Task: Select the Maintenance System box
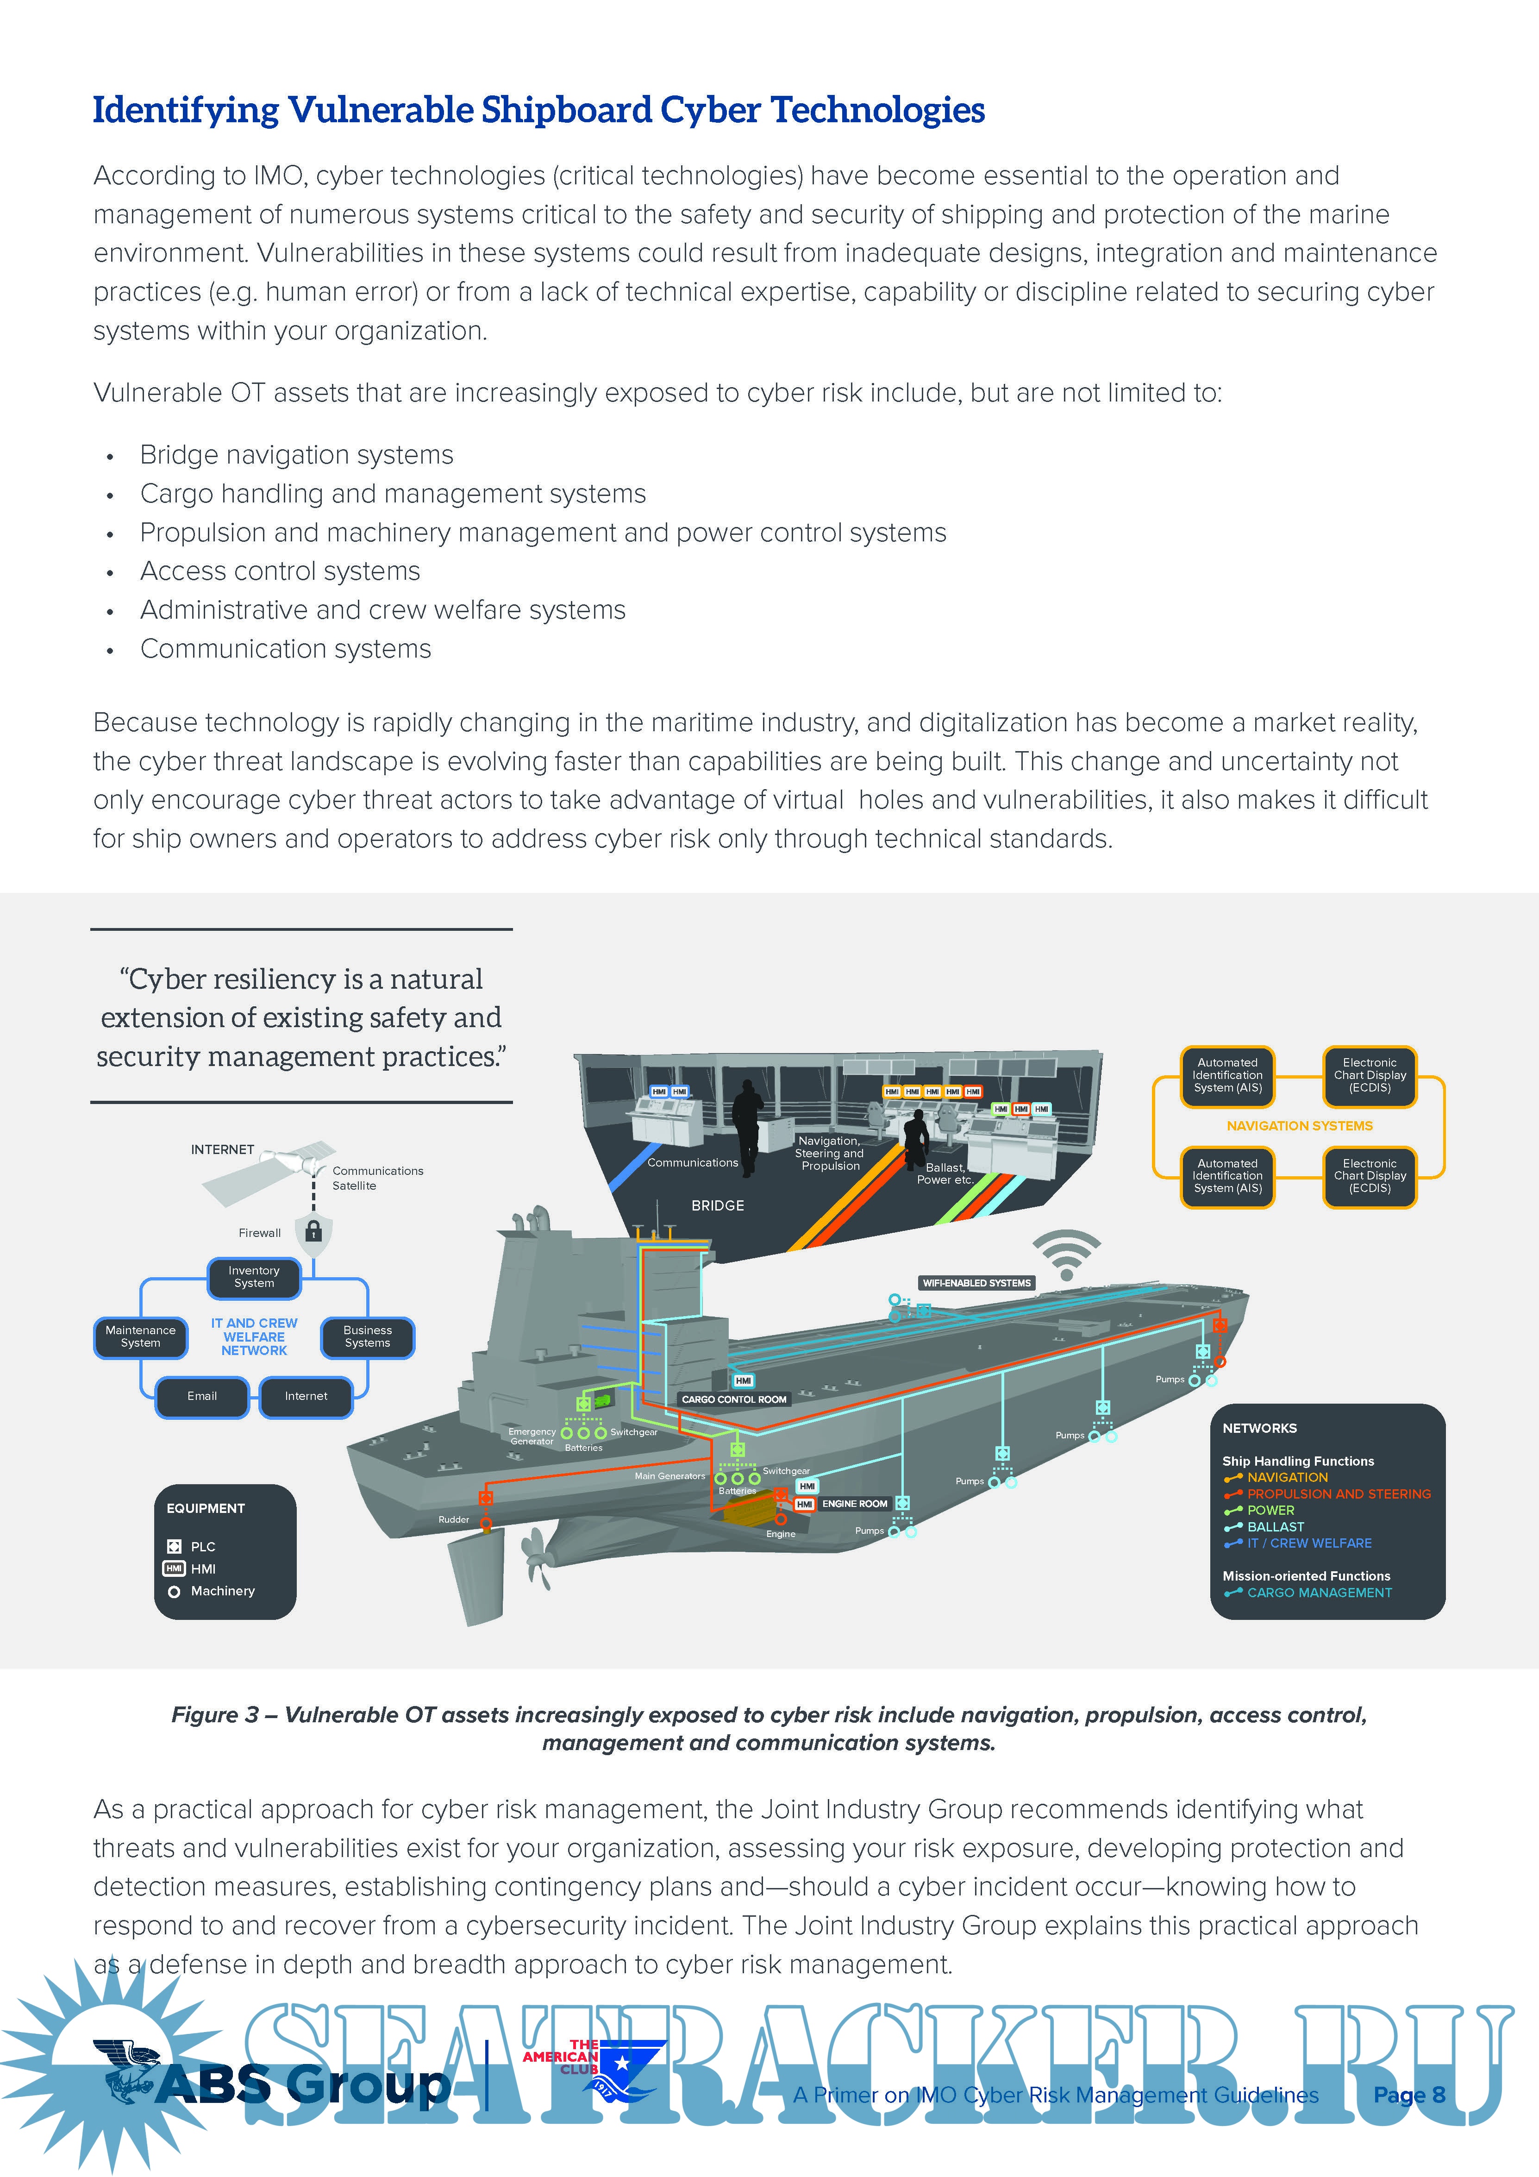[140, 1337]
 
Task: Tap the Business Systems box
[367, 1337]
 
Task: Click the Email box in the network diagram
[202, 1397]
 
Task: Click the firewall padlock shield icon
[314, 1232]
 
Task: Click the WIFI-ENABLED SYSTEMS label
[977, 1283]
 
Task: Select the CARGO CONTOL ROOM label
[734, 1399]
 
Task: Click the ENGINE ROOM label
[854, 1504]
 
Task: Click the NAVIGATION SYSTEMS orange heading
[1299, 1125]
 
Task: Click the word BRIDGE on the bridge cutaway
[718, 1205]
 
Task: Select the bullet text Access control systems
[280, 571]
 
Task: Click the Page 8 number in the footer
[1409, 2095]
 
